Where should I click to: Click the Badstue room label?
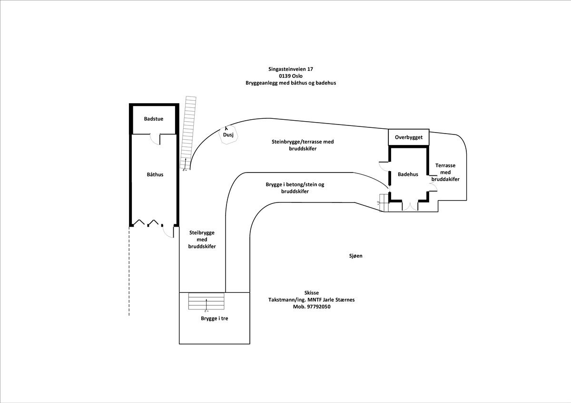pyautogui.click(x=154, y=119)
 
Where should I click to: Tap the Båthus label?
pyautogui.click(x=155, y=174)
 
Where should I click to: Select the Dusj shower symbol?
pyautogui.click(x=228, y=135)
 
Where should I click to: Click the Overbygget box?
pyautogui.click(x=409, y=137)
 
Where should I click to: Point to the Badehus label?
pyautogui.click(x=408, y=174)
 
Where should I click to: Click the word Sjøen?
pyautogui.click(x=355, y=256)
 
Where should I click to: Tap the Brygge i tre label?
pyautogui.click(x=214, y=318)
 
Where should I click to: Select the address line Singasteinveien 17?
pyautogui.click(x=291, y=69)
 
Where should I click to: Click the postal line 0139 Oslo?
pyautogui.click(x=291, y=76)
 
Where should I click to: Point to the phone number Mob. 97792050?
pyautogui.click(x=312, y=307)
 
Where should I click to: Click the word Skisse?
pyautogui.click(x=312, y=293)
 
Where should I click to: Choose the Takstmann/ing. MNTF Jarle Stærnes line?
pyautogui.click(x=312, y=300)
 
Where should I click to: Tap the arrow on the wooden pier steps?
pyautogui.click(x=207, y=304)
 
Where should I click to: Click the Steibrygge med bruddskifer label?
pyautogui.click(x=202, y=240)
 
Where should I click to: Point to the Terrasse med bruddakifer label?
pyautogui.click(x=445, y=172)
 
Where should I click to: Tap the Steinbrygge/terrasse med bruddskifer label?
pyautogui.click(x=303, y=145)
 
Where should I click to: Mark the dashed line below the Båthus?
pyautogui.click(x=129, y=271)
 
